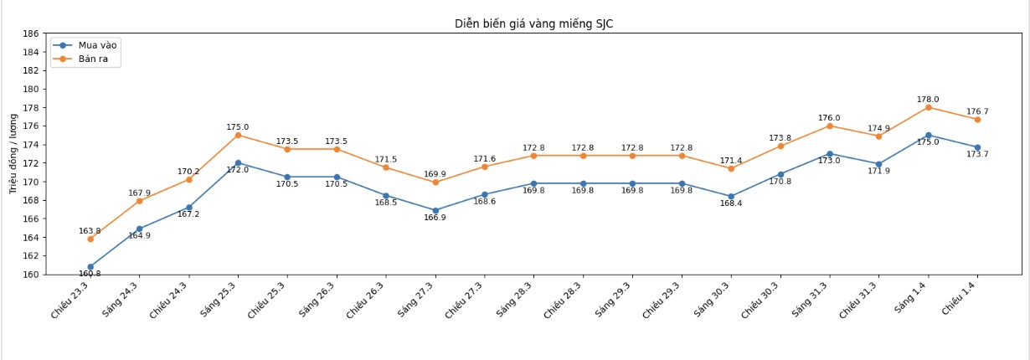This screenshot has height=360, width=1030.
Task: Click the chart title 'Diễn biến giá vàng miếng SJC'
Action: click(x=533, y=23)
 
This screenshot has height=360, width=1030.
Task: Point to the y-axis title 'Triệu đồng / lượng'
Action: click(x=13, y=154)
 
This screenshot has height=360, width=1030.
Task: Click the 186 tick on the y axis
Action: click(x=30, y=33)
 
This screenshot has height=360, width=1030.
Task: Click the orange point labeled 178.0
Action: click(x=928, y=107)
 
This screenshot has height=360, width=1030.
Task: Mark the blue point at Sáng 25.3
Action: click(x=238, y=163)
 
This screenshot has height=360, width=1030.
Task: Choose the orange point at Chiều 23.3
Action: click(x=90, y=239)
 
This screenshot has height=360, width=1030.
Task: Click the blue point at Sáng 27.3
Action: click(x=435, y=210)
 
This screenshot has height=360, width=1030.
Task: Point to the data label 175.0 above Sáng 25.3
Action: click(x=238, y=127)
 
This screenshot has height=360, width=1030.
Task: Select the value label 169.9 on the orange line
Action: click(x=435, y=174)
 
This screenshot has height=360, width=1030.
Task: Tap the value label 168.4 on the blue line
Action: click(x=731, y=203)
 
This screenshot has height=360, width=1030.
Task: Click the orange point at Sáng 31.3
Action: click(x=829, y=126)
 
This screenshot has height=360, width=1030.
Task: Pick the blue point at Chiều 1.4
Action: click(x=977, y=147)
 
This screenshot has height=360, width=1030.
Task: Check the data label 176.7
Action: click(x=977, y=111)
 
